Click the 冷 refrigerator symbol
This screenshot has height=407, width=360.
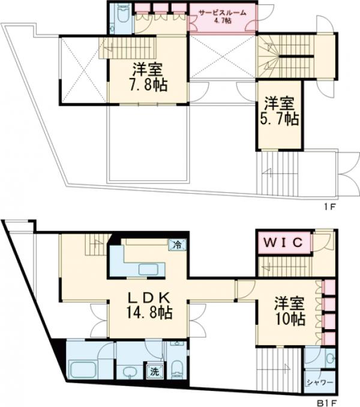pyautogui.click(x=178, y=244)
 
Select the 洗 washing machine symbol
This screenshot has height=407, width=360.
pyautogui.click(x=155, y=371)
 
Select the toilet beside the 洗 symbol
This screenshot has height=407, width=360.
pyautogui.click(x=177, y=368)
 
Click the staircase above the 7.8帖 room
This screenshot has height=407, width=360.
pyautogui.click(x=127, y=48)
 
